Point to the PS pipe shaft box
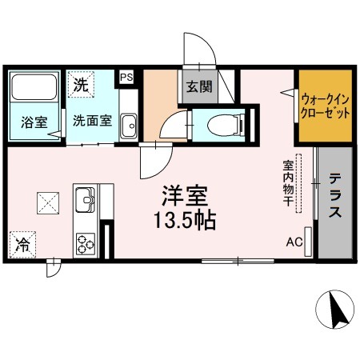tap(126, 77)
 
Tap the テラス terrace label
tap(336, 196)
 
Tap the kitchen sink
tap(85, 197)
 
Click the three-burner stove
tap(85, 242)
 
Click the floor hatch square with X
tap(47, 202)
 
